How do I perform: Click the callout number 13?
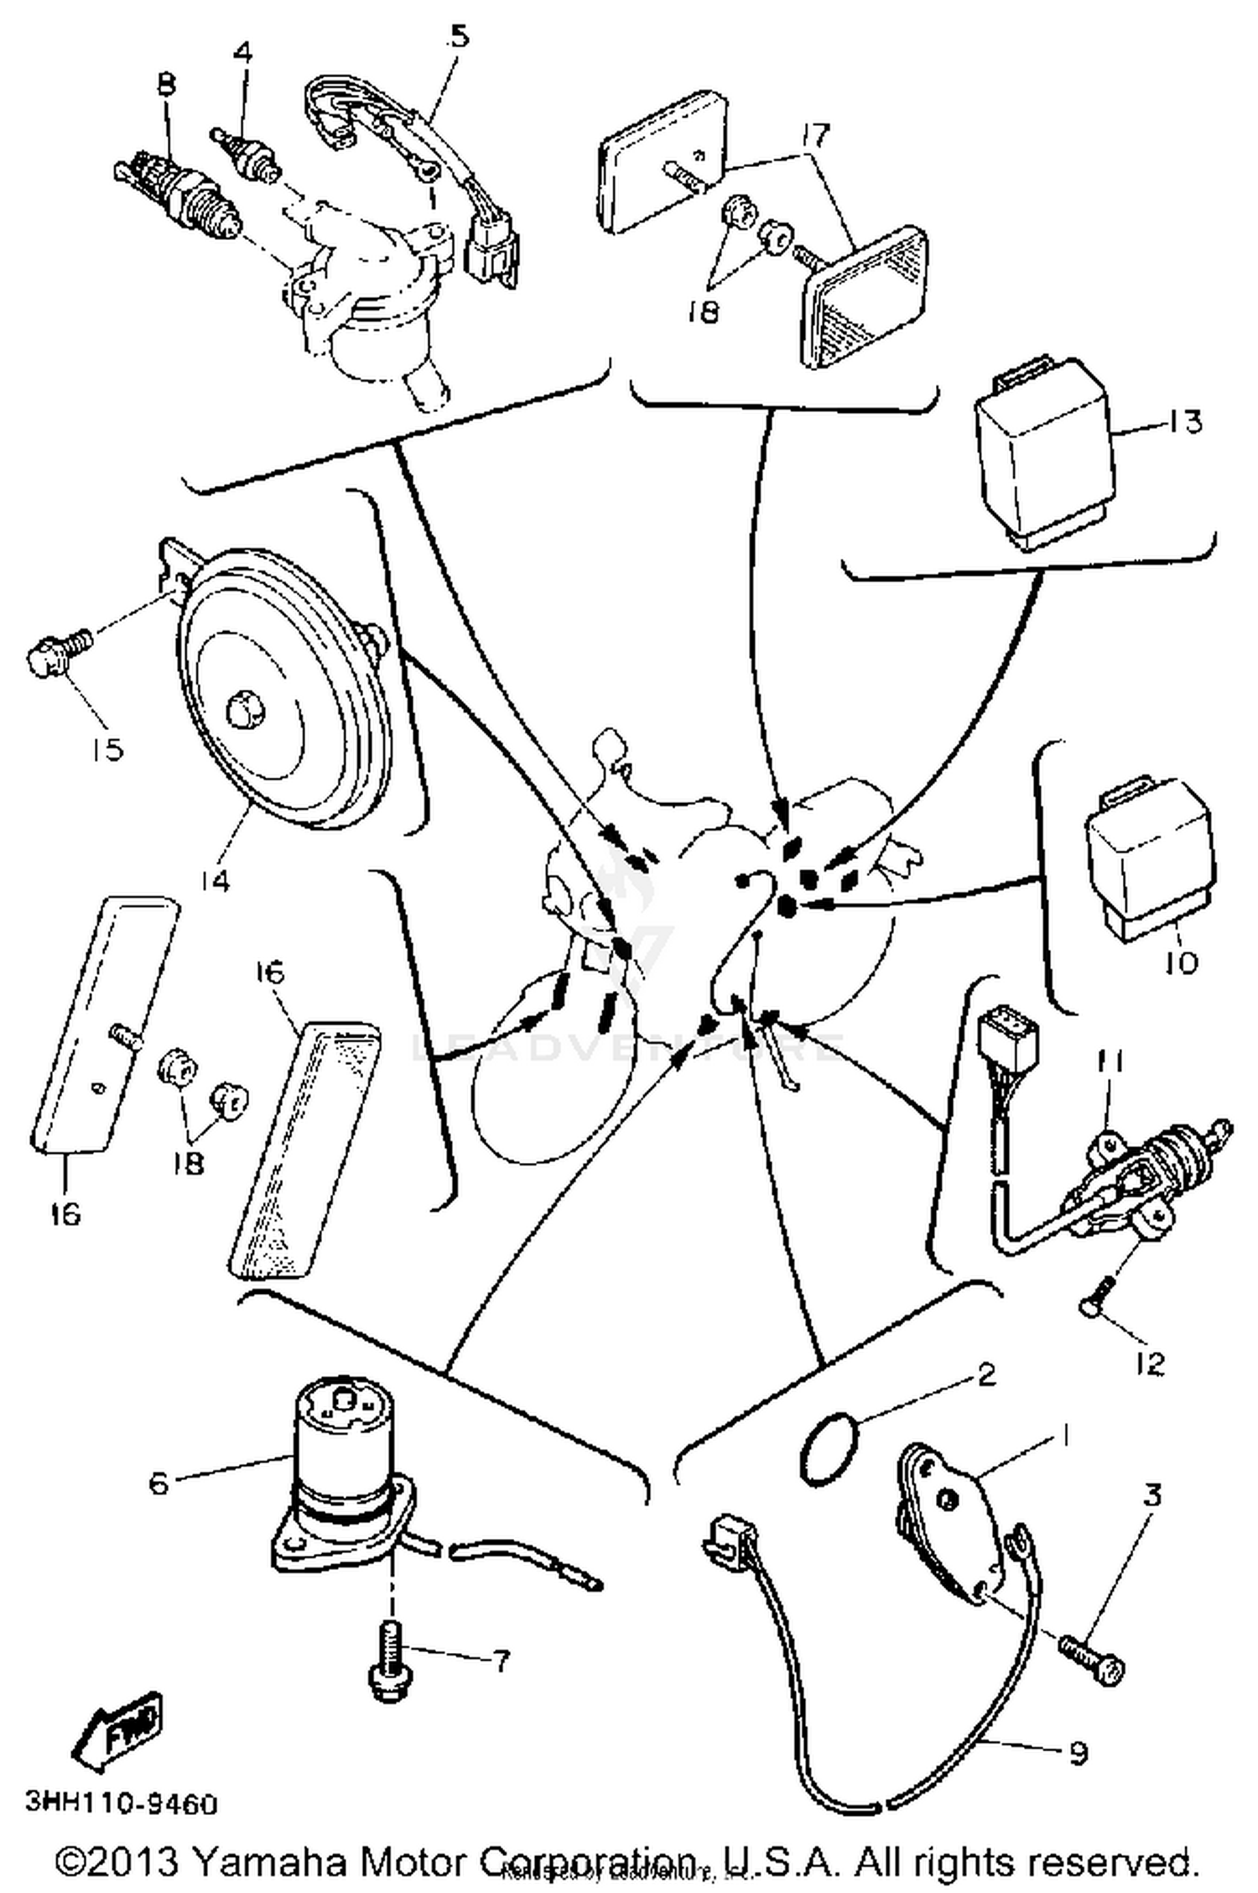click(1184, 422)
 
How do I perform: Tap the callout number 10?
click(1181, 962)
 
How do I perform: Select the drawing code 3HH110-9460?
click(122, 1802)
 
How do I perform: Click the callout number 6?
click(158, 1482)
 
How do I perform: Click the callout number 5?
click(459, 38)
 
